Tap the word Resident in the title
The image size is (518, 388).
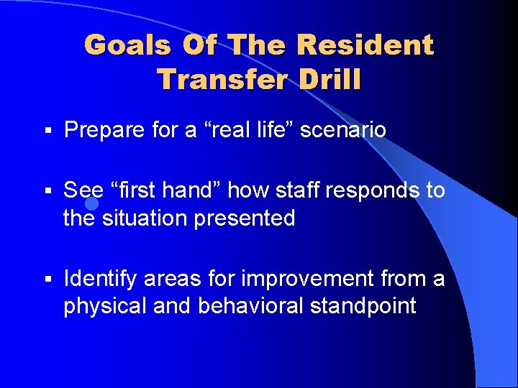[x=365, y=46]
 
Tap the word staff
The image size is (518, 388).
[x=297, y=190]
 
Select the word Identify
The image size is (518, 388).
[x=100, y=279]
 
